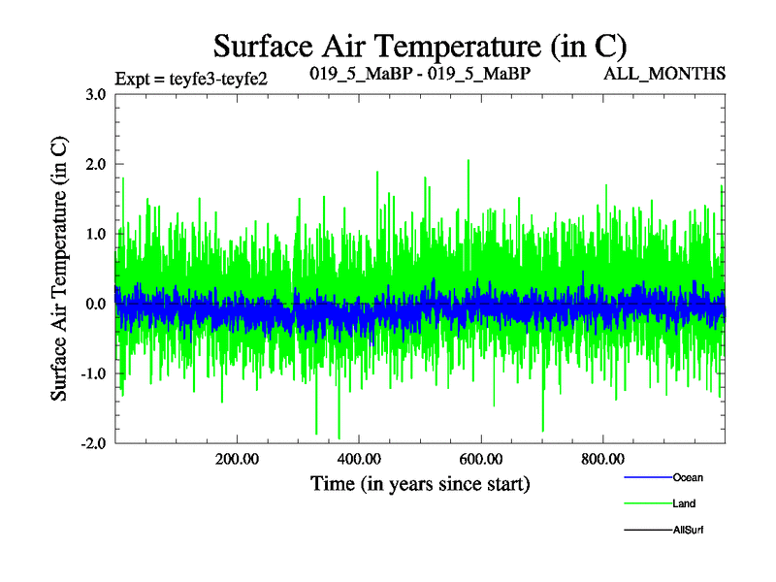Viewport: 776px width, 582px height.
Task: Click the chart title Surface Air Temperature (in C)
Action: [x=420, y=46]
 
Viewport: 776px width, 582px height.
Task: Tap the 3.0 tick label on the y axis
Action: [x=97, y=94]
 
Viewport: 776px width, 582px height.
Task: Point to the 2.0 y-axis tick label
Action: [x=97, y=164]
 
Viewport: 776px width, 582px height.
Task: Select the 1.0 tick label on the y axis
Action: [x=97, y=234]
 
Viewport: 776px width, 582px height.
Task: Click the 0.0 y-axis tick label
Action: [x=97, y=304]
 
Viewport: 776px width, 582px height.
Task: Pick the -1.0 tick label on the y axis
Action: [x=94, y=373]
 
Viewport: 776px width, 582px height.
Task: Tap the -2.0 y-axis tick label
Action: [x=94, y=443]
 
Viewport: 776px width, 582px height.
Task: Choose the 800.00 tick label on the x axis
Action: [x=602, y=460]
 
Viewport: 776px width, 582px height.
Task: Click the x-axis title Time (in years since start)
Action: [x=420, y=483]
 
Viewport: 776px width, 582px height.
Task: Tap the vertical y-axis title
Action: [x=59, y=269]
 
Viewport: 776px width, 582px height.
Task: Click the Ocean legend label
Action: [x=688, y=477]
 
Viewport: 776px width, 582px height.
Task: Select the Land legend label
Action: [x=684, y=503]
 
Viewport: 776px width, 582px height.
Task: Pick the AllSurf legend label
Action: [x=688, y=530]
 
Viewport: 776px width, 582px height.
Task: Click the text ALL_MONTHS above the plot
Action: [x=665, y=74]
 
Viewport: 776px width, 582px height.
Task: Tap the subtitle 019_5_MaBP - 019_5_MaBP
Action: [x=419, y=74]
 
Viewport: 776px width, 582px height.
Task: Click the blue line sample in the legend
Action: [x=647, y=477]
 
